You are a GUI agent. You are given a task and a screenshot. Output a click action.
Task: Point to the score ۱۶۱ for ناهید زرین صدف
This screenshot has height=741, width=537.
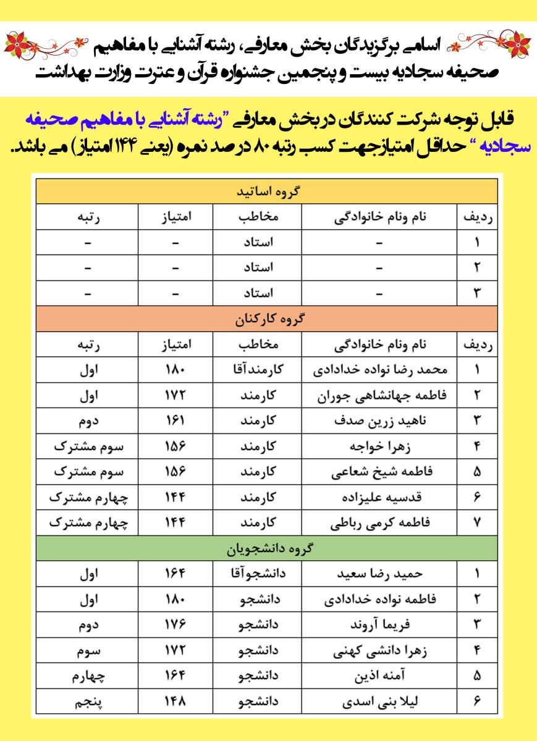tap(175, 421)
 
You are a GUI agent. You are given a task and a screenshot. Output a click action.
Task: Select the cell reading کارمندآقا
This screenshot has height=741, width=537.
tap(256, 370)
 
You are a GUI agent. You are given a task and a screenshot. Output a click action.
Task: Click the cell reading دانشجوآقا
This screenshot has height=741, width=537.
tap(256, 573)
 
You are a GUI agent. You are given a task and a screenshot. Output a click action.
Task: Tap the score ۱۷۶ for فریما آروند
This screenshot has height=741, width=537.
tap(175, 624)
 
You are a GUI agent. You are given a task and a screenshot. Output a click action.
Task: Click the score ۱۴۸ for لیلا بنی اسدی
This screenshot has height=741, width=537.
tap(175, 701)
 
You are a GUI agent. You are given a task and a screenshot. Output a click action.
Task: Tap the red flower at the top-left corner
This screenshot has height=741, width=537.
tap(17, 44)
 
